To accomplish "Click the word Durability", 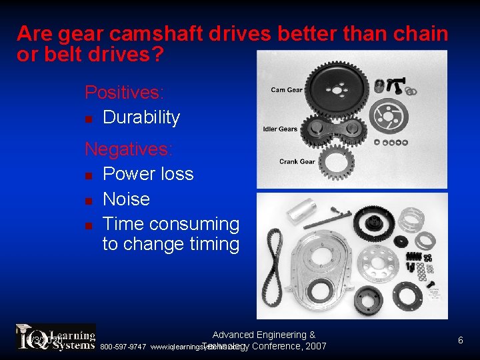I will pos(141,117).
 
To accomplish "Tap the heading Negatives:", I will pos(128,148).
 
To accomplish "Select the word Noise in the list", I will pos(126,199).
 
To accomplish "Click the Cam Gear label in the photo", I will pos(287,90).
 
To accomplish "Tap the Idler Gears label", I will pos(281,129).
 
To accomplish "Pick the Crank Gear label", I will pos(297,161).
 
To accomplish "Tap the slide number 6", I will pos(460,341).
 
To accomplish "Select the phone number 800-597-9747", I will pos(123,347).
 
